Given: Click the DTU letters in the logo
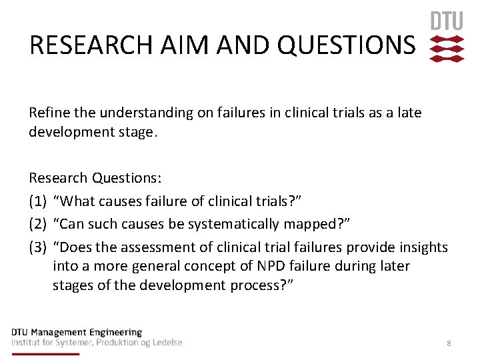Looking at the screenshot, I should [447, 21].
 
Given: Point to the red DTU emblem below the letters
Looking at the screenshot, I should [447, 49].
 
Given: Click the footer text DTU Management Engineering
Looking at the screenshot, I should [77, 332].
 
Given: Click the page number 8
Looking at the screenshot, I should [449, 343].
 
